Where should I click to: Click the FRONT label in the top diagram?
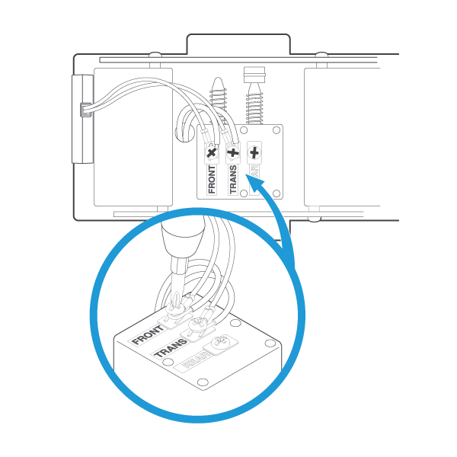click(x=212, y=181)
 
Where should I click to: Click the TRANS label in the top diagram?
click(x=233, y=180)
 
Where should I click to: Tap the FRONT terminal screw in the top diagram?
click(x=212, y=152)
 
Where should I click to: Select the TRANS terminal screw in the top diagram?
click(x=233, y=152)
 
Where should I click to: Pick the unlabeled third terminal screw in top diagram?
click(x=254, y=152)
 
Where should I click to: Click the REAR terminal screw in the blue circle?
click(x=221, y=344)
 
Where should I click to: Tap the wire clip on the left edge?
click(x=85, y=110)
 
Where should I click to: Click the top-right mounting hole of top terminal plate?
click(x=276, y=131)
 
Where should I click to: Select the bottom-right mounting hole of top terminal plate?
click(x=276, y=193)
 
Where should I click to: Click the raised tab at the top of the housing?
click(x=238, y=44)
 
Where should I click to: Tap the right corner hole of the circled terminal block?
click(x=270, y=344)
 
